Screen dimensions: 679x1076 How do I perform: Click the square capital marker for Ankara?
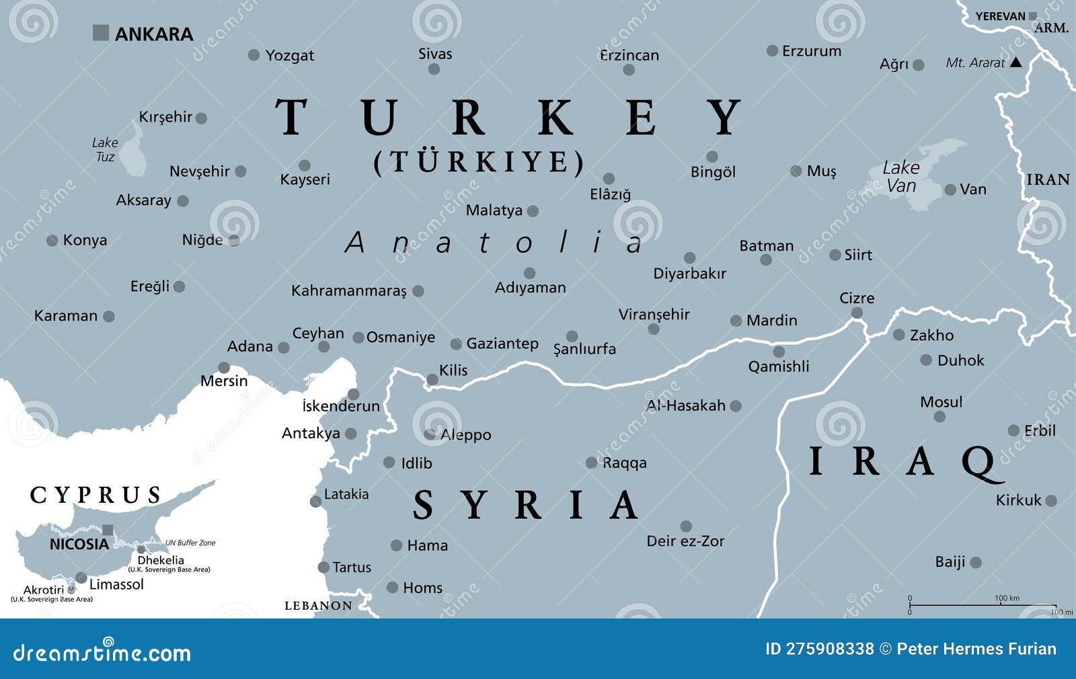pos(100,32)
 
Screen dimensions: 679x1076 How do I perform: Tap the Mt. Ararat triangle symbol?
pos(1016,63)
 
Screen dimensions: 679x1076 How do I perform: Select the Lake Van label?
pos(901,176)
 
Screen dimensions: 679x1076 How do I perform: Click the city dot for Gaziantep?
pos(456,344)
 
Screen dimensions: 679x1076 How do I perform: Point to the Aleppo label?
pos(465,435)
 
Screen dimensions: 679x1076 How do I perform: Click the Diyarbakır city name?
pos(689,274)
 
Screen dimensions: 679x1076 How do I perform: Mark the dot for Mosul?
pos(939,417)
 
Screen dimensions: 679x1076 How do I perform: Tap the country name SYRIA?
pos(525,506)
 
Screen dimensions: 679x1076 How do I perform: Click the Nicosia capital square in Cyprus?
pos(108,530)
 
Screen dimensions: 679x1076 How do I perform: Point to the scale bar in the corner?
pos(982,605)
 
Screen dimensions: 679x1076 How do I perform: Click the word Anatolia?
pos(494,243)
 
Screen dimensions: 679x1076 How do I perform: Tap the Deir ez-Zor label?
pos(685,541)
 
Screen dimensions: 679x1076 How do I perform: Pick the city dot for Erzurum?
pos(772,50)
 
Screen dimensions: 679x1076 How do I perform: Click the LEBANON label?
pos(318,606)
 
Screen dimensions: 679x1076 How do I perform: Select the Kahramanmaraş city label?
pos(348,291)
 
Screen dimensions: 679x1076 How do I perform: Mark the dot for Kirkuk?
pos(1051,501)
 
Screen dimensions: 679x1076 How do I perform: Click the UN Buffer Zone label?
pos(190,543)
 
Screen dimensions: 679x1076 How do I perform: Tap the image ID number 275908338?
pos(830,649)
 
